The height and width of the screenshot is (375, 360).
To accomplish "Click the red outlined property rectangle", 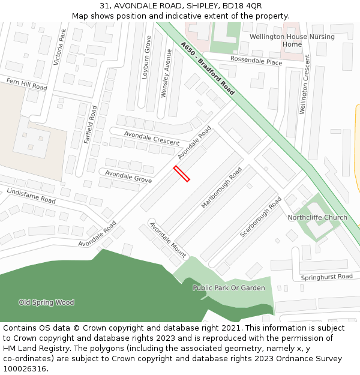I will (182, 173).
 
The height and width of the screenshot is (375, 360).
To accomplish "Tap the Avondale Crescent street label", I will (152, 138).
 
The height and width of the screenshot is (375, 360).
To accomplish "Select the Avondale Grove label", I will (128, 176).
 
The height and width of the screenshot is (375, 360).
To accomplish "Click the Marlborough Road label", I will (221, 188).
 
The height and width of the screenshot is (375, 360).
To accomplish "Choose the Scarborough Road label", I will (261, 217).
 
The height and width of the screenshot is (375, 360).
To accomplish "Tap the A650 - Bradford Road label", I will (207, 68).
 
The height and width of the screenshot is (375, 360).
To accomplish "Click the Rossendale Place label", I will (256, 62).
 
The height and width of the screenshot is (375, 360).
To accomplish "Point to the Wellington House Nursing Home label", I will (292, 40).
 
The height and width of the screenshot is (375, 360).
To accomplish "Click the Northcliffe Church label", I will (317, 217).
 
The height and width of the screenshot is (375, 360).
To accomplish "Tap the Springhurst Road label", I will (327, 277).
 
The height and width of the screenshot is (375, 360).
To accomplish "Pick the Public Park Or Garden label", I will (229, 288).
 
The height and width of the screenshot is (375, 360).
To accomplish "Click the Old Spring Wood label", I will (46, 302).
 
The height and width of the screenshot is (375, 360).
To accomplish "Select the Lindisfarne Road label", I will (31, 195).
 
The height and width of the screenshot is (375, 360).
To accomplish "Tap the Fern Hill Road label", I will (26, 83).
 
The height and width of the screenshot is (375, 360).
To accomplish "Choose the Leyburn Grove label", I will (148, 58).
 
